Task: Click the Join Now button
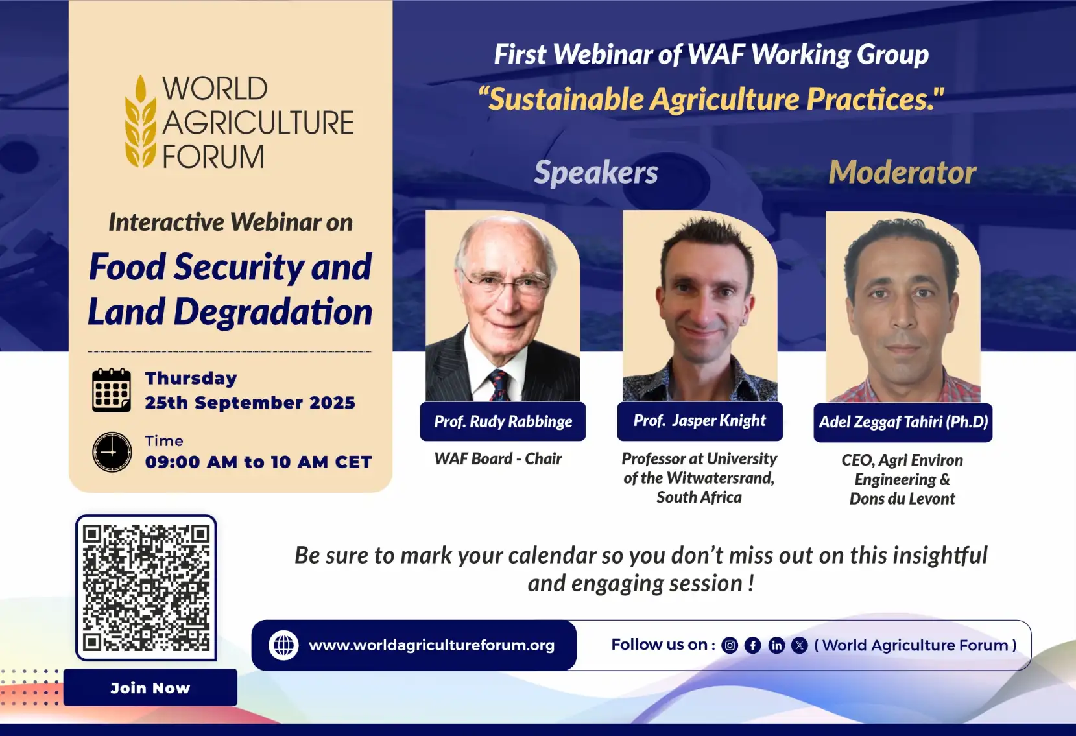[x=150, y=687]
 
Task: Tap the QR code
[x=146, y=588]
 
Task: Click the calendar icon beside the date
[x=112, y=390]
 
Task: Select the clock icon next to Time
[x=112, y=451]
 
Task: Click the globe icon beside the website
[x=283, y=645]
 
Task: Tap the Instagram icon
[x=730, y=645]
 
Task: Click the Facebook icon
[x=753, y=645]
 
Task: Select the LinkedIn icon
[x=776, y=645]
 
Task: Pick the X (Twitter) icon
[x=799, y=645]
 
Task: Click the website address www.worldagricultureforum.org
[x=431, y=645]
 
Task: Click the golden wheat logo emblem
[x=141, y=121]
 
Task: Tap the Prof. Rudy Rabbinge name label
[x=503, y=421]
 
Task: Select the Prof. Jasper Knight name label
[x=700, y=421]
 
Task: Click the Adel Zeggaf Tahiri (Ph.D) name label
[x=903, y=421]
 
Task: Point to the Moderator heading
[x=903, y=172]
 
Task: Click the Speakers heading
[x=596, y=172]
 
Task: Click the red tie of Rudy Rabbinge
[x=498, y=385]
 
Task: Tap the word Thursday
[x=191, y=378]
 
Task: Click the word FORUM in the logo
[x=213, y=157]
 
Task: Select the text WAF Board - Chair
[x=498, y=458]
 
